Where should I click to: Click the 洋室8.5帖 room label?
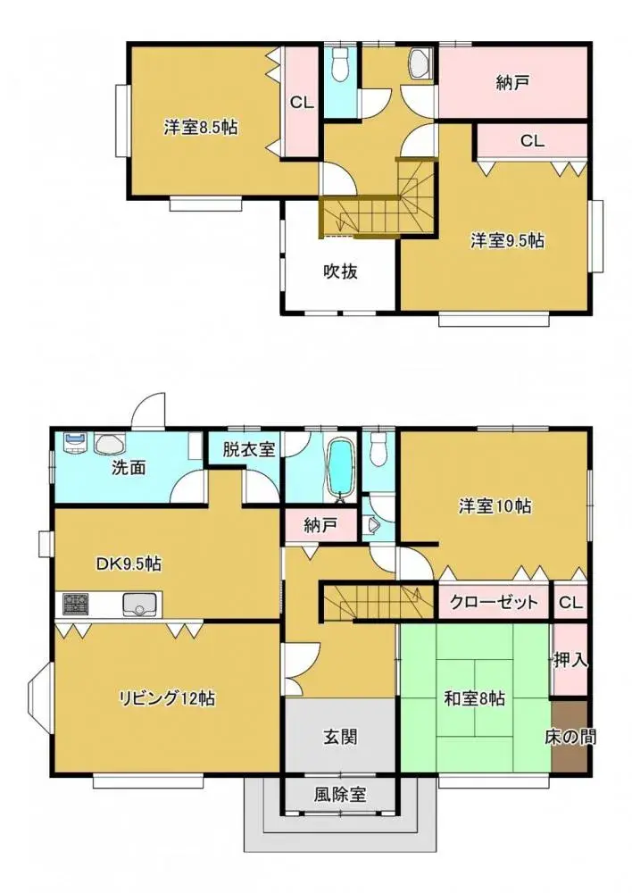200,128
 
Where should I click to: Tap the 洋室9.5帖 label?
508,240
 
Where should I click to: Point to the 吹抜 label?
340,271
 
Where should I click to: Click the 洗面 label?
129,468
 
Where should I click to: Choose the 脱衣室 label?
248,450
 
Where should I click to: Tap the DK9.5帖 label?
129,564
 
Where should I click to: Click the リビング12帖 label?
167,697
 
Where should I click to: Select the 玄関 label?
340,737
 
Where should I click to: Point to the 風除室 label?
340,793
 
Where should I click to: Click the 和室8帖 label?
474,698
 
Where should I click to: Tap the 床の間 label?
570,738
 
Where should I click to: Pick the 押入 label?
570,661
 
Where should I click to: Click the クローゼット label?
494,602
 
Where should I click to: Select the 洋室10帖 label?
495,506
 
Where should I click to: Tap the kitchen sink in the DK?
138,605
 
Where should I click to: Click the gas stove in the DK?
75,605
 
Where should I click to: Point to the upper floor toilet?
339,65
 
